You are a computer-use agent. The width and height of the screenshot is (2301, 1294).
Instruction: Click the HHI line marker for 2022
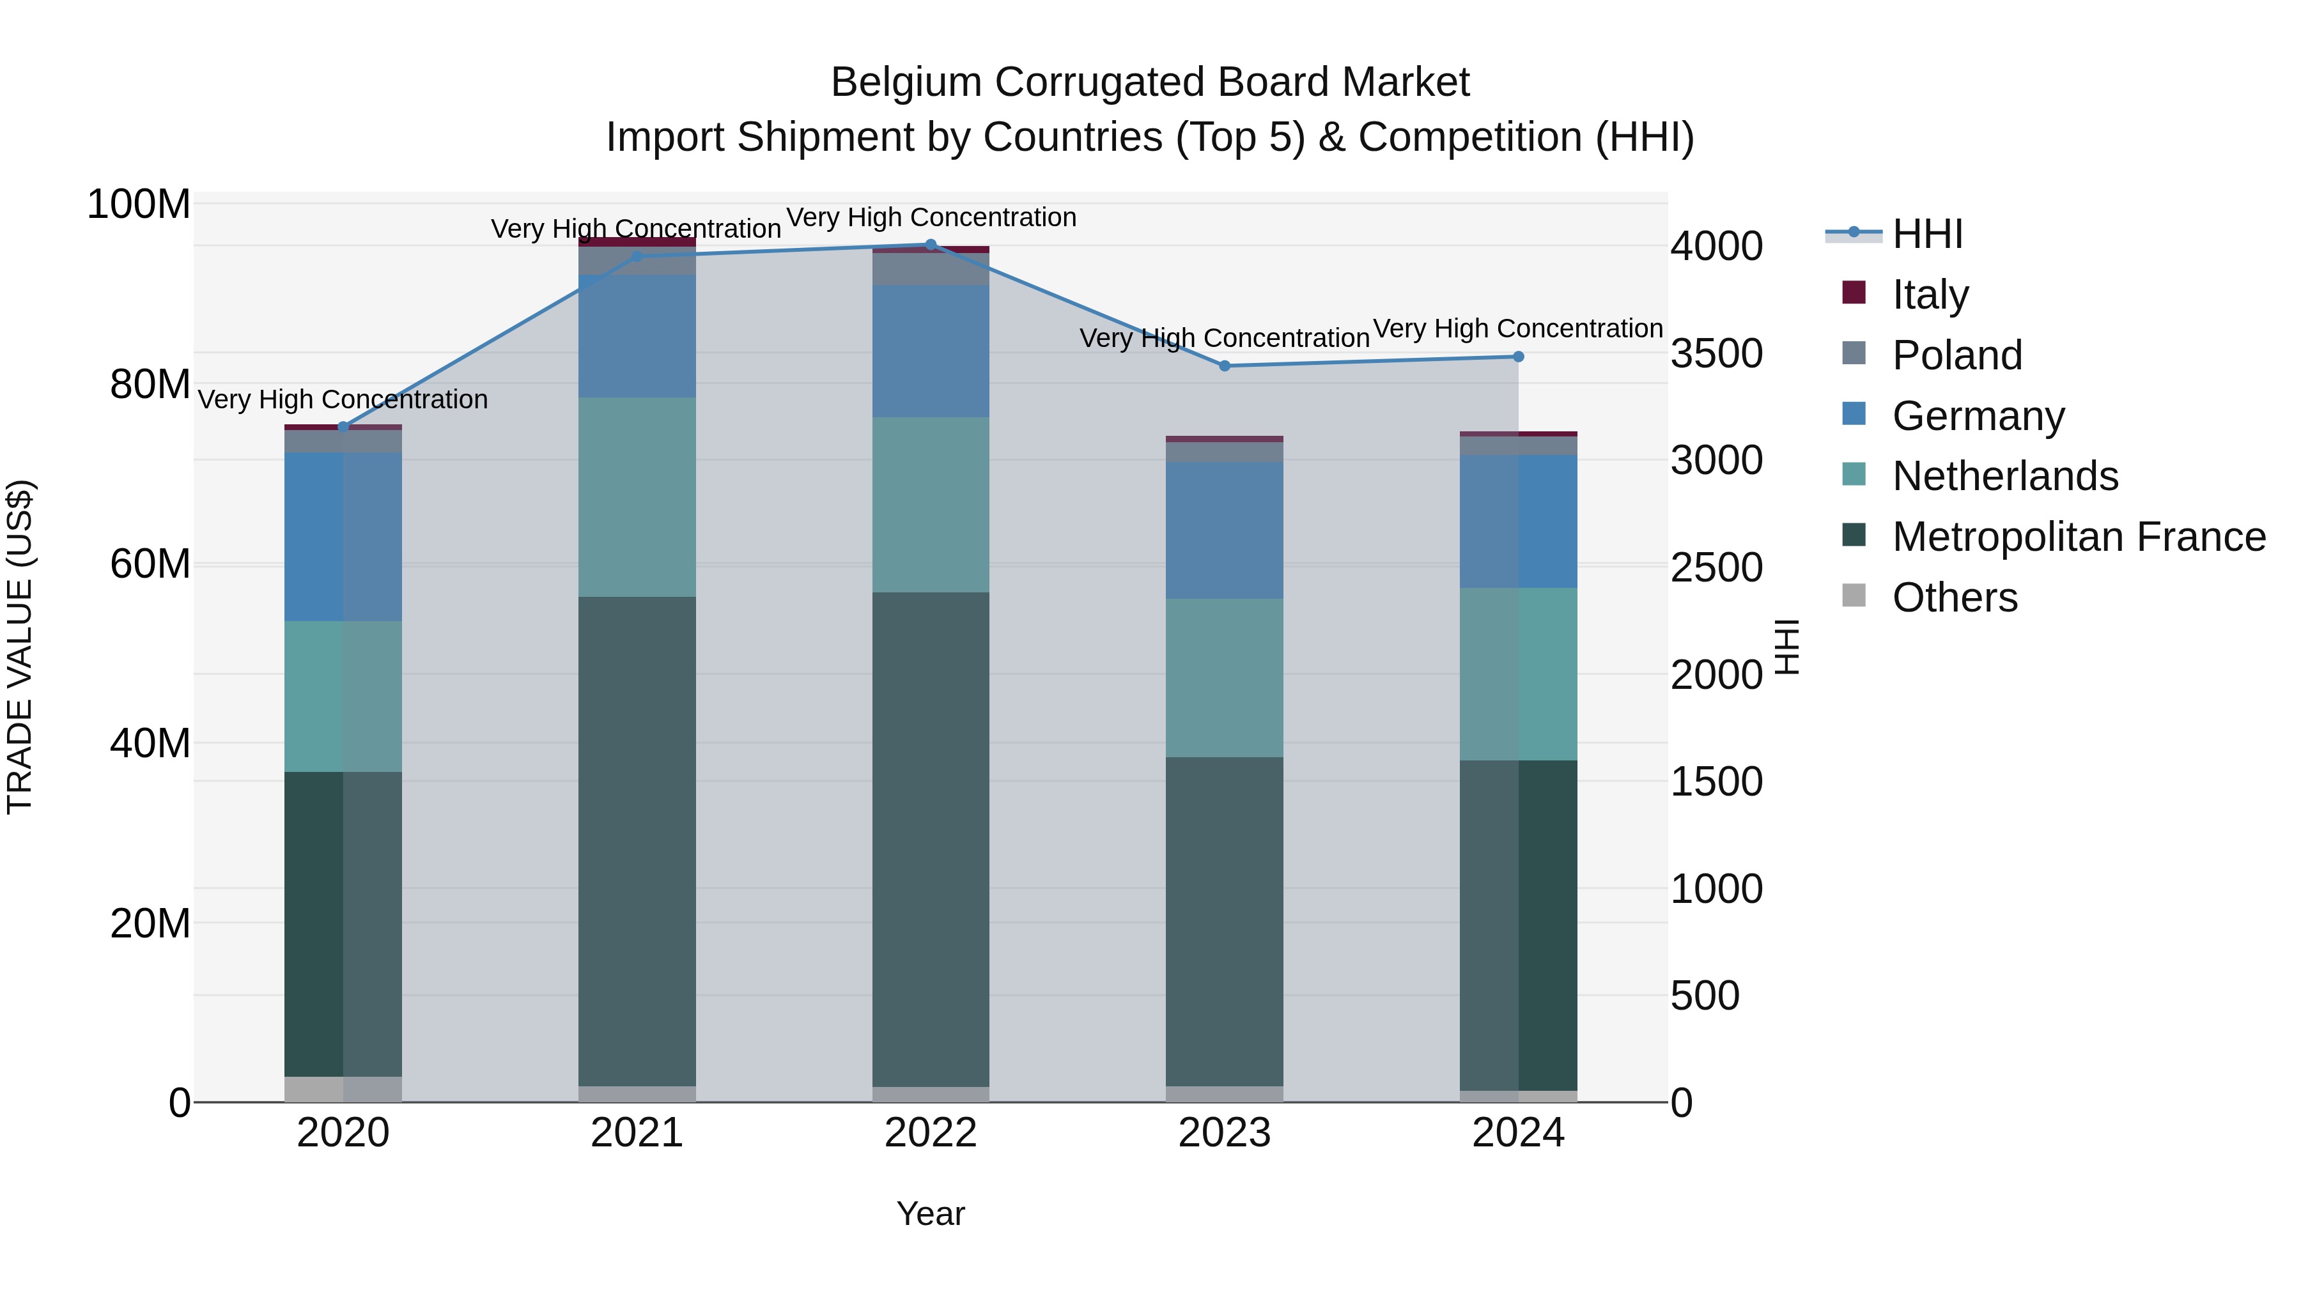click(x=930, y=245)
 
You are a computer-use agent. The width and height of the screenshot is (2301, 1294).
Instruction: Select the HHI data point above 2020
click(x=343, y=427)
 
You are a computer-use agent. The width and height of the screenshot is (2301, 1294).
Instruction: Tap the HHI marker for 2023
click(x=1224, y=366)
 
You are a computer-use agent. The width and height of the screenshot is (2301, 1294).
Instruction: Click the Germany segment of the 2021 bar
click(x=637, y=337)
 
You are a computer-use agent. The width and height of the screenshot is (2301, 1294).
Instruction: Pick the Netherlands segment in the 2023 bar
click(x=1224, y=678)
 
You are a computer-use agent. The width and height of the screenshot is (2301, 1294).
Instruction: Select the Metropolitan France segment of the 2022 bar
click(x=930, y=840)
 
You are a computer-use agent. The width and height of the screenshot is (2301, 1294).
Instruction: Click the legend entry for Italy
click(x=1930, y=295)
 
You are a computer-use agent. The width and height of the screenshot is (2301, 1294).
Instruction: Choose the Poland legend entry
click(x=1956, y=355)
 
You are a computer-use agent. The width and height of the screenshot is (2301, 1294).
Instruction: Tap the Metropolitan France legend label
click(x=2078, y=537)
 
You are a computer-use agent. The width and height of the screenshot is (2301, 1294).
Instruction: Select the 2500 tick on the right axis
click(x=1716, y=568)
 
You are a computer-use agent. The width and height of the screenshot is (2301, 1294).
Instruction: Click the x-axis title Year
click(x=930, y=1213)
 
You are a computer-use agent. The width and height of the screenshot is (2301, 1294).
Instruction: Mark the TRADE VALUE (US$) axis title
click(x=20, y=647)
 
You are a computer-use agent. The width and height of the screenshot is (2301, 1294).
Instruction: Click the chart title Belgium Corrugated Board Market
click(x=1150, y=82)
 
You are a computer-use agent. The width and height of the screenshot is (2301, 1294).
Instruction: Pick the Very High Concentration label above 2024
click(x=1517, y=328)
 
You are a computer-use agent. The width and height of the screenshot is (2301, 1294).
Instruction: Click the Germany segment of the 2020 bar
click(x=343, y=537)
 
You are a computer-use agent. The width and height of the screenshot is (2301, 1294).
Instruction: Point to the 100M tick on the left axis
click(x=139, y=204)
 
